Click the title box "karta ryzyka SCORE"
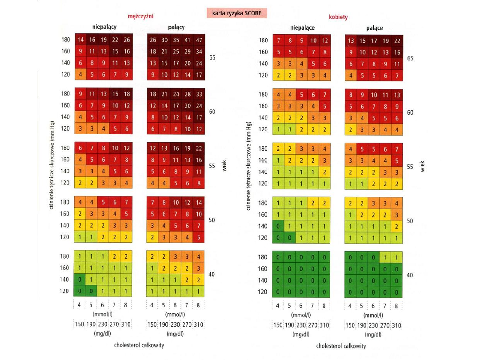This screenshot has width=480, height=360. tap(237, 13)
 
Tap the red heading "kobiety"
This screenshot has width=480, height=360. tap(338, 17)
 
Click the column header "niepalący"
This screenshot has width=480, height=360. tap(104, 27)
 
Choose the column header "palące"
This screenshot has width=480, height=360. tap(375, 28)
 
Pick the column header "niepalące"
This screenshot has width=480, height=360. tap(302, 28)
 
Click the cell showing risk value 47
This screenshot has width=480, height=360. tap(198, 40)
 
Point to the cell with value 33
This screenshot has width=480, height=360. tap(198, 94)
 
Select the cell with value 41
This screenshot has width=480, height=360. tap(187, 40)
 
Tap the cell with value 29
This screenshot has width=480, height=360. tap(187, 51)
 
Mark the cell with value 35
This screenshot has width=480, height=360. tap(175, 40)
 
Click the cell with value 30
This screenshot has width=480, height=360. tap(164, 40)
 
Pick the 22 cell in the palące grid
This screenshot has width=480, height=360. tap(397, 41)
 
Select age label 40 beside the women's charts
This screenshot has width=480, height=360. tap(410, 275)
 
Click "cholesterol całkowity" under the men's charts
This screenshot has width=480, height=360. tap(139, 345)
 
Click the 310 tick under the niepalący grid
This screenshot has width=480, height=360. tap(126, 324)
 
